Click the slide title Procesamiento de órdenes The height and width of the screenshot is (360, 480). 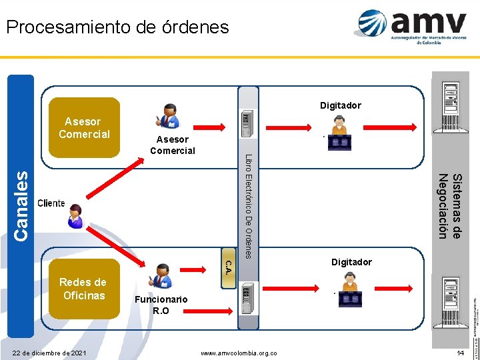[x=117, y=27]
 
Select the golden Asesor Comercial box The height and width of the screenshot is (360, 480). [x=84, y=127]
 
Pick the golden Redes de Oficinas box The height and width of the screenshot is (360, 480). [x=83, y=289]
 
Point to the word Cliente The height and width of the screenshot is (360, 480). [x=51, y=203]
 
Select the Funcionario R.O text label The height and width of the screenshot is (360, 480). [x=161, y=305]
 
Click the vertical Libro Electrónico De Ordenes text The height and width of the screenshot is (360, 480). [x=248, y=206]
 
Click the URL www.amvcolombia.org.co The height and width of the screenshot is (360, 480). [x=239, y=352]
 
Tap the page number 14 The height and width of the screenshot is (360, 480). [x=460, y=351]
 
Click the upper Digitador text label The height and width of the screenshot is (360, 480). [x=340, y=105]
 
